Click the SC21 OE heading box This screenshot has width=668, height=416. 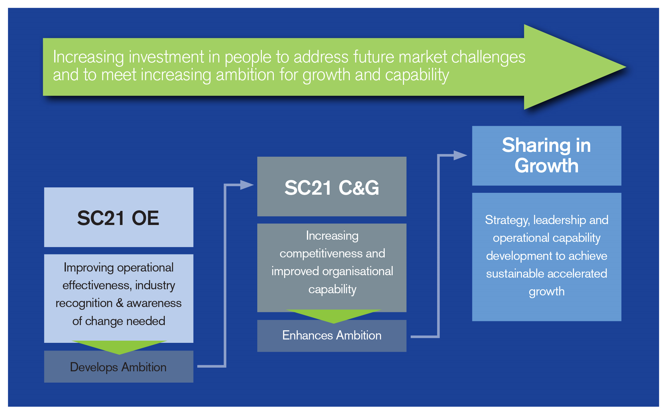click(x=119, y=217)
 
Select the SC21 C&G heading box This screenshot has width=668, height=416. click(x=332, y=186)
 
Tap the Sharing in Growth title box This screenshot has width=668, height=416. click(x=547, y=156)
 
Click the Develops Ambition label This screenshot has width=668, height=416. click(x=118, y=367)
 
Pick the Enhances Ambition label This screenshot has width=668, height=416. click(x=332, y=335)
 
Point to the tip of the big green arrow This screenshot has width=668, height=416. click(x=626, y=67)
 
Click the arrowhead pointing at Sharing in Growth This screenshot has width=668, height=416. click(x=460, y=155)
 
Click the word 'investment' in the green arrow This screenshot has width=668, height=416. click(x=166, y=57)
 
